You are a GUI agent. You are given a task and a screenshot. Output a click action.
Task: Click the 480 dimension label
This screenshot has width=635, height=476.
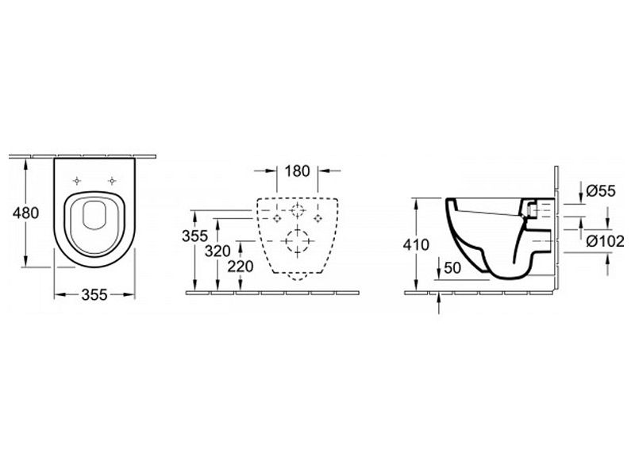tap(25, 213)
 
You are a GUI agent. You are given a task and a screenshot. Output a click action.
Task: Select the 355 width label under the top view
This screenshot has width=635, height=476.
tap(94, 294)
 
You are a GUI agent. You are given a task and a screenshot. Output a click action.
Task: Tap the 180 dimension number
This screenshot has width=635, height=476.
tap(297, 171)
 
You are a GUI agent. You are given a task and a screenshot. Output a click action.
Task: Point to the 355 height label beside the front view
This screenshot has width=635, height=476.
tap(194, 236)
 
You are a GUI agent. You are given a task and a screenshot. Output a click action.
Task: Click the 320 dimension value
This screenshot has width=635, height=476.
tap(217, 251)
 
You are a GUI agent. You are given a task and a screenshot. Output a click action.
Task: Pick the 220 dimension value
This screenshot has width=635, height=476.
tap(241, 267)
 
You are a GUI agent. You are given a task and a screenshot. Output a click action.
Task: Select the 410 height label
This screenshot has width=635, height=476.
tap(416, 244)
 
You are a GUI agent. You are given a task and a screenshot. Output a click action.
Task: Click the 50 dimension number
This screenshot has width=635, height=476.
tap(452, 267)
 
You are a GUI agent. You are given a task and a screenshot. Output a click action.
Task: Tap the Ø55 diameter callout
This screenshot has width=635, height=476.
tap(601, 190)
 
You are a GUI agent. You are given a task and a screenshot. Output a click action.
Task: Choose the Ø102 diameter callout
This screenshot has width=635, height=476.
tap(606, 241)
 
